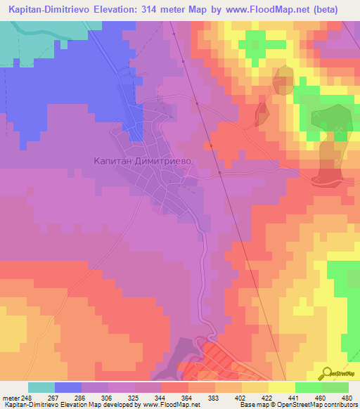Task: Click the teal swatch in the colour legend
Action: pyautogui.click(x=41, y=387)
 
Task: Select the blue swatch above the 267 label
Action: pyautogui.click(x=68, y=387)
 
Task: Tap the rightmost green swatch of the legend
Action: pyautogui.click(x=335, y=387)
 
